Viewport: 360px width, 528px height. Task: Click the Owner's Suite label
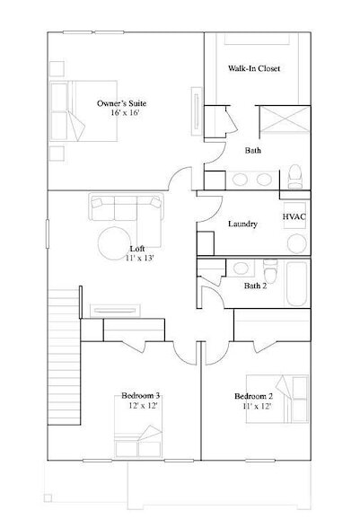(122, 104)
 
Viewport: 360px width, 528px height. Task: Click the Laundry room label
(243, 224)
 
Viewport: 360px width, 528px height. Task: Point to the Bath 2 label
(255, 286)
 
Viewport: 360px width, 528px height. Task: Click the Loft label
(136, 248)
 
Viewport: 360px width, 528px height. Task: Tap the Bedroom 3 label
(142, 395)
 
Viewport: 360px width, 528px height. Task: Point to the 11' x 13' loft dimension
(140, 259)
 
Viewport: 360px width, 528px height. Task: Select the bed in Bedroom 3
(138, 444)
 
